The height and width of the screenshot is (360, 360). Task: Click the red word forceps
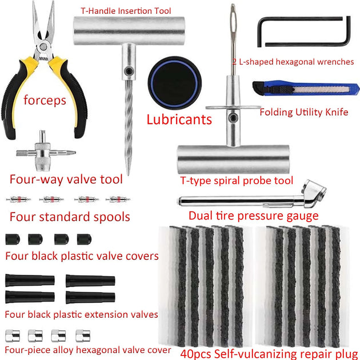pos(45,101)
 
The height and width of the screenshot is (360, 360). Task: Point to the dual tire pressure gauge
pos(251,198)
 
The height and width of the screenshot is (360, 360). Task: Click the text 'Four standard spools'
pos(70,217)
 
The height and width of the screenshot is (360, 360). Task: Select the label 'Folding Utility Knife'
pos(303,112)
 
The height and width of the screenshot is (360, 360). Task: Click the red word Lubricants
pos(179,119)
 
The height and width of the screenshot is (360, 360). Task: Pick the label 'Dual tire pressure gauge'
pos(253,216)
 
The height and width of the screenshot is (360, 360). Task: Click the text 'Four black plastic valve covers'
pos(81,256)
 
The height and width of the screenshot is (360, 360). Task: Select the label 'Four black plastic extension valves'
pos(81,314)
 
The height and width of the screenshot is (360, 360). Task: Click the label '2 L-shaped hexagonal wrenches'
pos(293,61)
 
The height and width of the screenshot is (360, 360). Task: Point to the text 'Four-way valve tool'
pos(66,179)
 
